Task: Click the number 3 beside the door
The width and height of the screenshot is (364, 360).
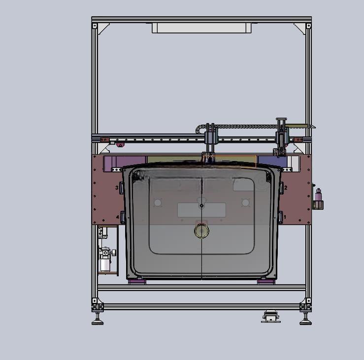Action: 117,188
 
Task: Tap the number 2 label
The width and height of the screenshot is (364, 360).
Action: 286,188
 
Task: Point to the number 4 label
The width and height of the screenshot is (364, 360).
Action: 118,217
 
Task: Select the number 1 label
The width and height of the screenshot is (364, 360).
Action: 285,217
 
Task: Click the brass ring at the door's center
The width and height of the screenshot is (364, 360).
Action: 201,230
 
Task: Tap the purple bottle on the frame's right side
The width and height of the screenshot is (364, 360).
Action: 318,195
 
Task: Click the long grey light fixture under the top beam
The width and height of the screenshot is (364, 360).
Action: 201,28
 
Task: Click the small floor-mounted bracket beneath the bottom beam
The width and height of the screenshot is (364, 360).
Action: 271,317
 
